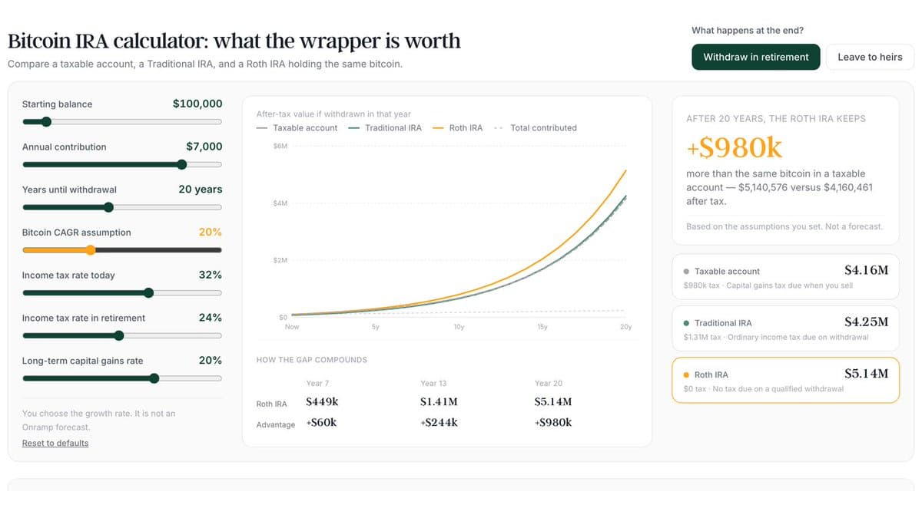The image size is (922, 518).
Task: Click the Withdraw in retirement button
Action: click(x=756, y=57)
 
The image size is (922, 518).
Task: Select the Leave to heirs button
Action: click(x=870, y=57)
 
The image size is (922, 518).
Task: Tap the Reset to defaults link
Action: click(x=55, y=443)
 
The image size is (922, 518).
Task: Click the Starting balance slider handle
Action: click(x=47, y=122)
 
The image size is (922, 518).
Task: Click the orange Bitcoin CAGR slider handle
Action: click(x=91, y=250)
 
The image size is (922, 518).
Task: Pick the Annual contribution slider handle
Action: click(x=182, y=164)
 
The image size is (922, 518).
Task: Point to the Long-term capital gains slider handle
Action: click(x=154, y=378)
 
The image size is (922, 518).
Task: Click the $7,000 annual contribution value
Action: click(x=204, y=147)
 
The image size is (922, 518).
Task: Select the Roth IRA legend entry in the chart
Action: click(x=457, y=128)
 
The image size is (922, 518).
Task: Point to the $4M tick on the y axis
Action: click(x=280, y=203)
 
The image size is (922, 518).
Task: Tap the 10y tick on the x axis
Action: click(x=459, y=327)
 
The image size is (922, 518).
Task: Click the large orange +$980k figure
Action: click(x=735, y=147)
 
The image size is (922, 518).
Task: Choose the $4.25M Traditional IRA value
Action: click(x=867, y=322)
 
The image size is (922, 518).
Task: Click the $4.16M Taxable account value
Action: click(x=867, y=270)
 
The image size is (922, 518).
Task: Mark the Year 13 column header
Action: click(x=433, y=383)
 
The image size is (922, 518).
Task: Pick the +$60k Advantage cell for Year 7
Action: click(x=321, y=422)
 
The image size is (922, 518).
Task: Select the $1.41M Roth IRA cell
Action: click(x=439, y=401)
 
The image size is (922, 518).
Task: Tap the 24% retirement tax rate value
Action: click(x=211, y=318)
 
